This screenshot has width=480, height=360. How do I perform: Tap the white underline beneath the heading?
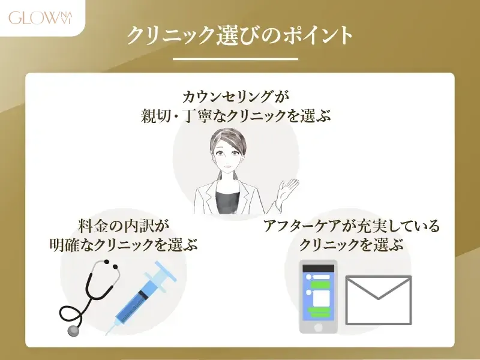235,59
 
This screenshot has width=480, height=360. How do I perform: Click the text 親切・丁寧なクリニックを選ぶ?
239,116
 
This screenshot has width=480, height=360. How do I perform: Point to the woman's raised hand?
287,191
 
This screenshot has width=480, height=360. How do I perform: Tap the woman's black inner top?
230,201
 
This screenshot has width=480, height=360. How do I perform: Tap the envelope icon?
379,301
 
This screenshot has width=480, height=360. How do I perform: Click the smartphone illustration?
318,296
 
